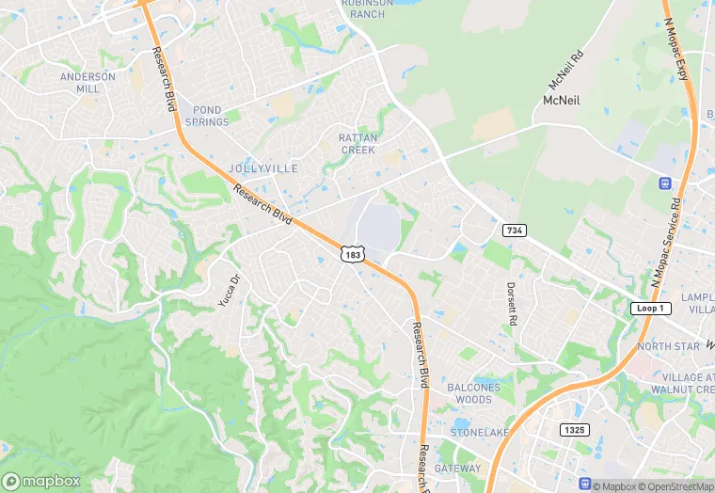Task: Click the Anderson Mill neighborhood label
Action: pyautogui.click(x=87, y=82)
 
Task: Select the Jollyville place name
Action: pyautogui.click(x=262, y=168)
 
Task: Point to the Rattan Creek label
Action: pyautogui.click(x=357, y=144)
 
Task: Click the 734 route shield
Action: pyautogui.click(x=514, y=231)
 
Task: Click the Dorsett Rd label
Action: pyautogui.click(x=512, y=303)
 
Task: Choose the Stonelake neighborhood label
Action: pyautogui.click(x=478, y=433)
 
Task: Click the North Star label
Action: pyautogui.click(x=668, y=347)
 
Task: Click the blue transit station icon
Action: pyautogui.click(x=665, y=183)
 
